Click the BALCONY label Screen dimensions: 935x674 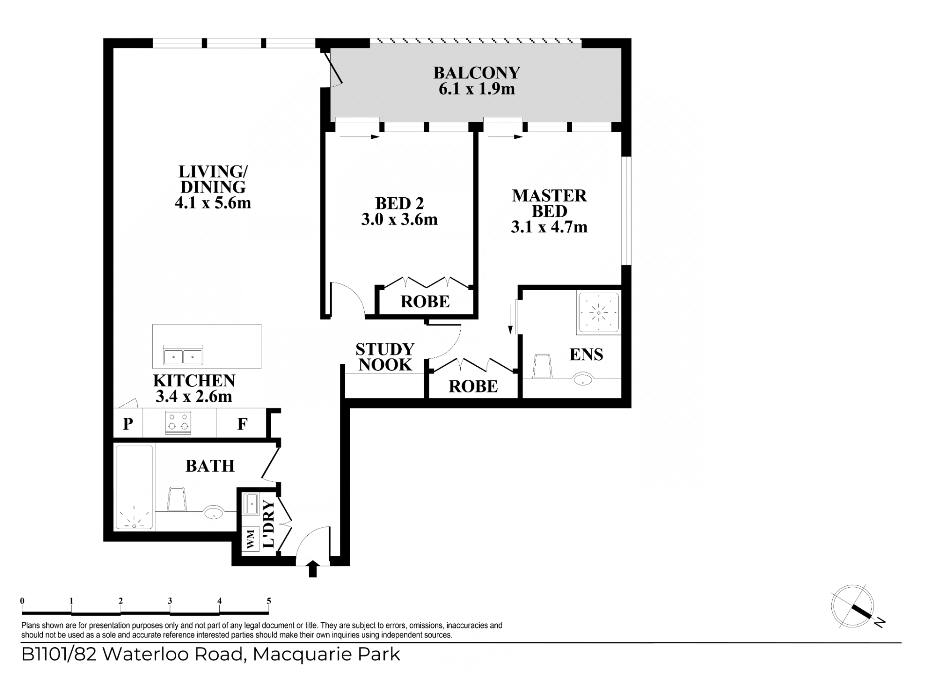point(477,73)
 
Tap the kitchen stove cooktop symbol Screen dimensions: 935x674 point(178,423)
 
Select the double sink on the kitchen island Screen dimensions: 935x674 point(183,355)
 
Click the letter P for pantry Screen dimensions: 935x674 point(128,424)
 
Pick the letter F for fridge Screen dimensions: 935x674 point(242,424)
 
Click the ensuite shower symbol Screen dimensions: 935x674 point(598,313)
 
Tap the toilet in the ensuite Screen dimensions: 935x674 point(542,366)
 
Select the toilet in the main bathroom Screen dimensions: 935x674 point(177,499)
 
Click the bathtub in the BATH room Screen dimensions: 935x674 point(134,487)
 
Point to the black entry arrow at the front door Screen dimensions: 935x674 point(313,569)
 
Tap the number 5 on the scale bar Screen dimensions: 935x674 point(269,601)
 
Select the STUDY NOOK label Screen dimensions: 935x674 point(385,357)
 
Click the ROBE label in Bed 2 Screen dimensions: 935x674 point(425,302)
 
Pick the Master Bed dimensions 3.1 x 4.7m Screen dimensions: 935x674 point(549,227)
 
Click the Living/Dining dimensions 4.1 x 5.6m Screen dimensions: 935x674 point(213,203)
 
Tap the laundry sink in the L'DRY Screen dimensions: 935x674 point(250,504)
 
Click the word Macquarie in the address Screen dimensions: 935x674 point(302,655)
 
